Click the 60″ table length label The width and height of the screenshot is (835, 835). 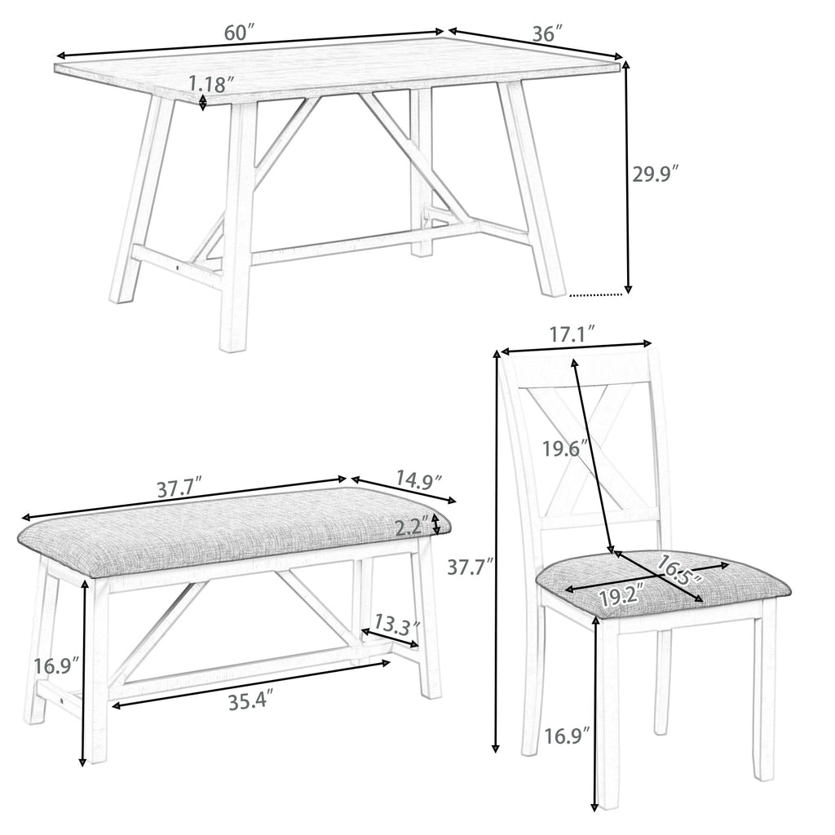click(241, 33)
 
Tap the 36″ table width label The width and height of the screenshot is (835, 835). click(548, 33)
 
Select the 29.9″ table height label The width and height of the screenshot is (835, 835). click(656, 175)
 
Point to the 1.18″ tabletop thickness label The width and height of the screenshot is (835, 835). click(211, 84)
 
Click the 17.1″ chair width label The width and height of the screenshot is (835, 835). click(572, 335)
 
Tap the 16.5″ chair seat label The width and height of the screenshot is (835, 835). click(678, 571)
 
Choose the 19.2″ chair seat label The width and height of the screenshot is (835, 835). click(622, 594)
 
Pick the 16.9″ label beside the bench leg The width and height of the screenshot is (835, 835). click(56, 665)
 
